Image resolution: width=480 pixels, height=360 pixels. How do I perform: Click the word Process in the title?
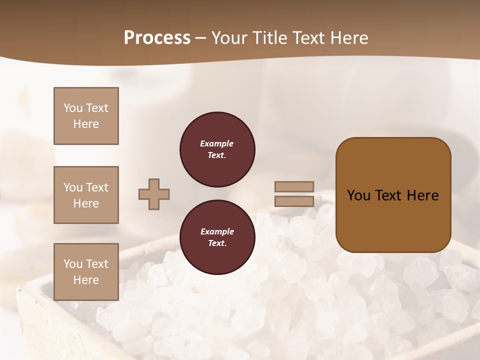click(x=157, y=38)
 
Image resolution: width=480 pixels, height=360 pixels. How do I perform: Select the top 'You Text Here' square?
click(x=86, y=116)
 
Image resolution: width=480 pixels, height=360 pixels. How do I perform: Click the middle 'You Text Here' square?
click(x=86, y=195)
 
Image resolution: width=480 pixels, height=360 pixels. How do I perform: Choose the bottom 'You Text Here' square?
click(x=86, y=271)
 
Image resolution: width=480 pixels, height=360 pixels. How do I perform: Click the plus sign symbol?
click(x=154, y=194)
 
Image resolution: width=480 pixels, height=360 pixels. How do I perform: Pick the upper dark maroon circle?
click(x=217, y=149)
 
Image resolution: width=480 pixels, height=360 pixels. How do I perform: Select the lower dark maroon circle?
click(x=217, y=237)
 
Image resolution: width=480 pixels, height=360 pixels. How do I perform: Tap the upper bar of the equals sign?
click(x=294, y=186)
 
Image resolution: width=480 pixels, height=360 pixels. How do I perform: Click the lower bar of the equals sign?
click(x=294, y=201)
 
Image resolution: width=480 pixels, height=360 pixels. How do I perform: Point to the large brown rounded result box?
click(x=393, y=195)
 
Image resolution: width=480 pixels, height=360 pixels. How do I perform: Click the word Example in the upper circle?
click(x=217, y=143)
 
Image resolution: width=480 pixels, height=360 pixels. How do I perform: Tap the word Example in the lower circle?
click(x=217, y=231)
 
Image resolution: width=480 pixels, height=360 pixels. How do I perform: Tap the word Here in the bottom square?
click(x=86, y=280)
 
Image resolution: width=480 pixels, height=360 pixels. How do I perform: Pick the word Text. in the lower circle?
click(x=217, y=243)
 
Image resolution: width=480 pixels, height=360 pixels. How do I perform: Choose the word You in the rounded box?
click(x=358, y=195)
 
